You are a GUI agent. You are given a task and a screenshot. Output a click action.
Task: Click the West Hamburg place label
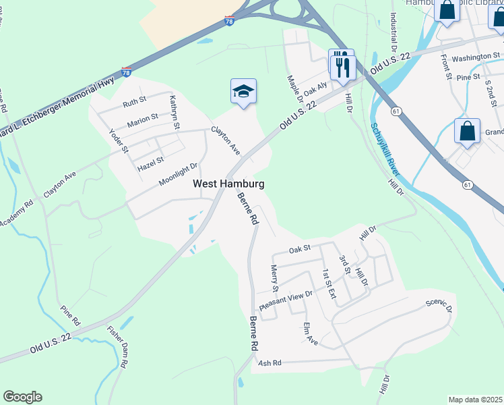(x=228, y=184)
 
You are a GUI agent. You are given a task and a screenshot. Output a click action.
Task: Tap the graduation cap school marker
(x=243, y=92)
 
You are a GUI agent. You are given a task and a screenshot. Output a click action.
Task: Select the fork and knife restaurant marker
(x=342, y=65)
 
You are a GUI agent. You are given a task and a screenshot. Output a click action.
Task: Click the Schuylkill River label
(x=384, y=150)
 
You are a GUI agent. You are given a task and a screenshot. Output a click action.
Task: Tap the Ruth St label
(x=134, y=104)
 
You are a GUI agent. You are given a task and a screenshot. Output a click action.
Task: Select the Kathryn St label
(x=175, y=112)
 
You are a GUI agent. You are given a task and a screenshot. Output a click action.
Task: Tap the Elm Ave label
(x=310, y=333)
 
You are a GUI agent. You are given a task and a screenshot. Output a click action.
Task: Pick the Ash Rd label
(x=268, y=362)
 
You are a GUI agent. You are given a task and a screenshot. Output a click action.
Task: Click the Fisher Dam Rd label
(x=118, y=346)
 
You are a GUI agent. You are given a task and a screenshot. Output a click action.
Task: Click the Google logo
(x=22, y=397)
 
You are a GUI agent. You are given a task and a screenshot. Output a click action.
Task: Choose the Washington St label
(x=471, y=58)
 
